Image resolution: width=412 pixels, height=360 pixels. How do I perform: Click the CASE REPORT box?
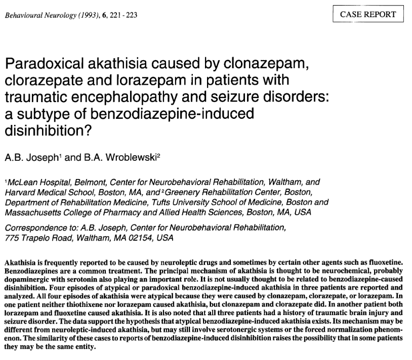tap(368, 14)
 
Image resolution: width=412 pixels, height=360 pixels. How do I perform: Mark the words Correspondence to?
tap(35, 228)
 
